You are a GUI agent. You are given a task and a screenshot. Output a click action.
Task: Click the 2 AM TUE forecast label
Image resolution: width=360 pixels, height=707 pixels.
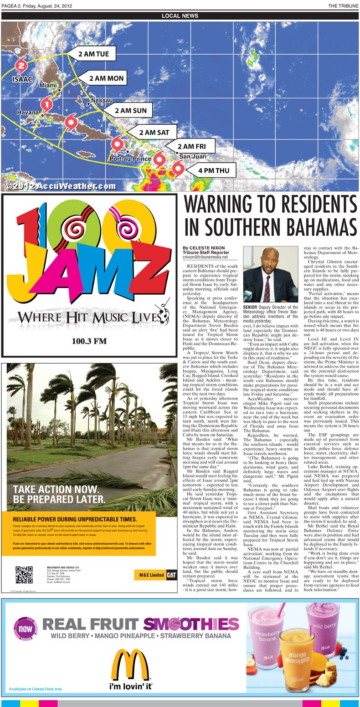tap(93, 54)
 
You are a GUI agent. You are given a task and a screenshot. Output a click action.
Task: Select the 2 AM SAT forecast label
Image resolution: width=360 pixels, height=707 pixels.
tap(154, 133)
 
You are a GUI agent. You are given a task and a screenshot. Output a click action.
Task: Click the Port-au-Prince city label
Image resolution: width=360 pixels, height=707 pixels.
tap(130, 159)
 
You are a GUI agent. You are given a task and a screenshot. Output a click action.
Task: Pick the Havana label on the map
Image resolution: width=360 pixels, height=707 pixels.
tap(28, 112)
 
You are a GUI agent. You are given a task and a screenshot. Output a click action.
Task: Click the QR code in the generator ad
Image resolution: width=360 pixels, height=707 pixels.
tap(24, 575)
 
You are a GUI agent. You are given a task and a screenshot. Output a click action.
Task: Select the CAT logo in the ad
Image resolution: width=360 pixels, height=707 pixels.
tap(171, 575)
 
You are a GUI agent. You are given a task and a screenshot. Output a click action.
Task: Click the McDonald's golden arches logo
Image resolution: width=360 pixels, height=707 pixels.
tap(123, 665)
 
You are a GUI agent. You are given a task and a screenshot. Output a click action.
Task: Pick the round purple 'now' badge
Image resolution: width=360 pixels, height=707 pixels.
tap(26, 629)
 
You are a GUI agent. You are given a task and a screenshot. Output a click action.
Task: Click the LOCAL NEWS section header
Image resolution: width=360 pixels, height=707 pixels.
tap(180, 16)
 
